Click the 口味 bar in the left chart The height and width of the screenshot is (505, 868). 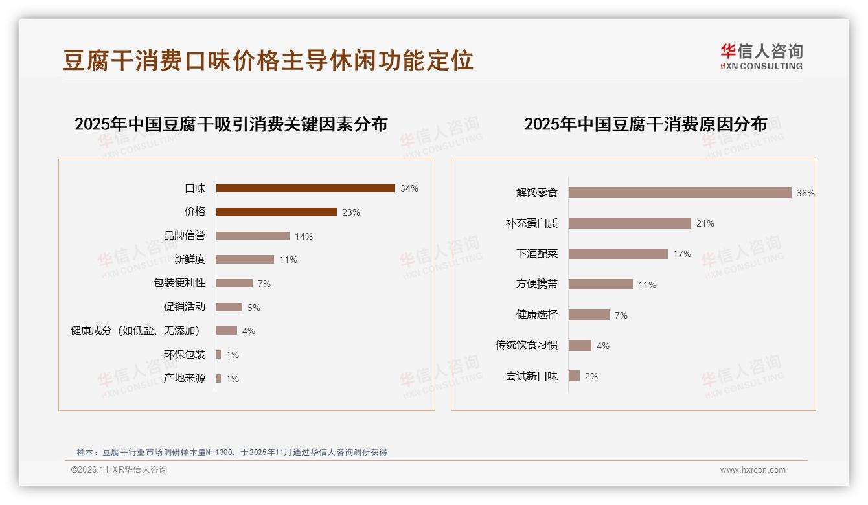click(305, 188)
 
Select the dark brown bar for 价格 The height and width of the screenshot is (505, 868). click(276, 212)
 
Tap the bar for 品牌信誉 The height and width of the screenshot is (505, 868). click(253, 236)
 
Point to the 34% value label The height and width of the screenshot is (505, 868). click(409, 188)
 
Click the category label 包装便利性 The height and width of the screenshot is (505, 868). click(179, 283)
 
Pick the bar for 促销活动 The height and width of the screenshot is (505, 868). click(229, 307)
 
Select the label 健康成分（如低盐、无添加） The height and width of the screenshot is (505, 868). click(135, 331)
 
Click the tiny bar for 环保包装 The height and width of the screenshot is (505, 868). click(219, 354)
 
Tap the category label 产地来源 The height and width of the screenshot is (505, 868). click(185, 378)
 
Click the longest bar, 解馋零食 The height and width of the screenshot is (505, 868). click(680, 192)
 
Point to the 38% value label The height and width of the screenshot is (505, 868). click(806, 193)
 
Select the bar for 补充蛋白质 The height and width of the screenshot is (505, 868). click(630, 223)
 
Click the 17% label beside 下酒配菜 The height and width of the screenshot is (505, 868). click(682, 254)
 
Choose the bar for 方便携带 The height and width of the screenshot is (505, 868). click(600, 284)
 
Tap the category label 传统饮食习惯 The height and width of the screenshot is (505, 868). click(527, 345)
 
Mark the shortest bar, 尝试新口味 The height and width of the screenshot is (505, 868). click(574, 376)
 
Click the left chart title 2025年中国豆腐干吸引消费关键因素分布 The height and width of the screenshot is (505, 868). click(231, 124)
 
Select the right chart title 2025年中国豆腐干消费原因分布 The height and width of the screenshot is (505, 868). click(645, 124)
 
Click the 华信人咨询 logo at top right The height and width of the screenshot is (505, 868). click(761, 56)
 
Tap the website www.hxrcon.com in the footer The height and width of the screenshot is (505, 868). click(753, 470)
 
